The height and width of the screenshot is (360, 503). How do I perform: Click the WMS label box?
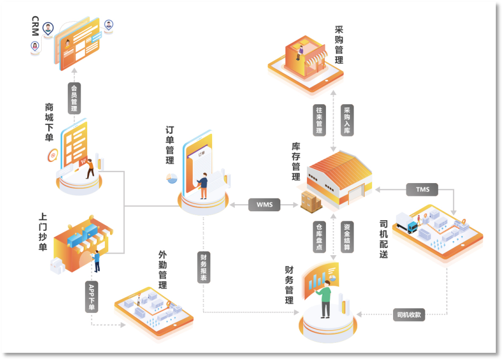pos(264,205)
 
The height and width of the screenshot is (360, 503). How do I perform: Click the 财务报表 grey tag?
pos(203,267)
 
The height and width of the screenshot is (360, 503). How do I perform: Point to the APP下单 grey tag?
pos(92,296)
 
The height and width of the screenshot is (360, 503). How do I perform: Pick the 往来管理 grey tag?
pos(319,120)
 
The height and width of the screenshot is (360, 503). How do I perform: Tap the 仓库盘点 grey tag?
pos(319,236)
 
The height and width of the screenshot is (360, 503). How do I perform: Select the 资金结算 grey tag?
pos(347,236)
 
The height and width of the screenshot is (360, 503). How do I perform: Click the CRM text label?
pos(35,27)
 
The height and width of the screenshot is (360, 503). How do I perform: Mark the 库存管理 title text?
pos(296,161)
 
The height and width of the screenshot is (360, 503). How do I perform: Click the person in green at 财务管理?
pos(325,297)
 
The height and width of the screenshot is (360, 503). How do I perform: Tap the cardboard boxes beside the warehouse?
pos(311,201)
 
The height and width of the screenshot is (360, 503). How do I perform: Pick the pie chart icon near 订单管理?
pos(171,178)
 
